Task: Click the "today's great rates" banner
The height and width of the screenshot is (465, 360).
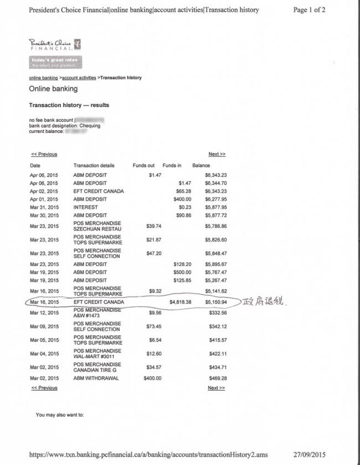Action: [54, 62]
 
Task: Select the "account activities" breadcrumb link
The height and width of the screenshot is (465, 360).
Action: [79, 78]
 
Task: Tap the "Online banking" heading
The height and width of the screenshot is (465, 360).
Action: [53, 89]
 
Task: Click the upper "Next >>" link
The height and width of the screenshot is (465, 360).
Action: [217, 154]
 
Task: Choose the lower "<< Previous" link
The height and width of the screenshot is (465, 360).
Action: [44, 388]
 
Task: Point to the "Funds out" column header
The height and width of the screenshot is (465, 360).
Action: [143, 165]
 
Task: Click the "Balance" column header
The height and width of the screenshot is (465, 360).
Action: [201, 165]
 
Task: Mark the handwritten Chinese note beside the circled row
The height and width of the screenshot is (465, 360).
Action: [266, 303]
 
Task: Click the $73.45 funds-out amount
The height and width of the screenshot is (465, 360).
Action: [153, 326]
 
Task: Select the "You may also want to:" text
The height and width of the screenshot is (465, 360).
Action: [60, 414]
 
